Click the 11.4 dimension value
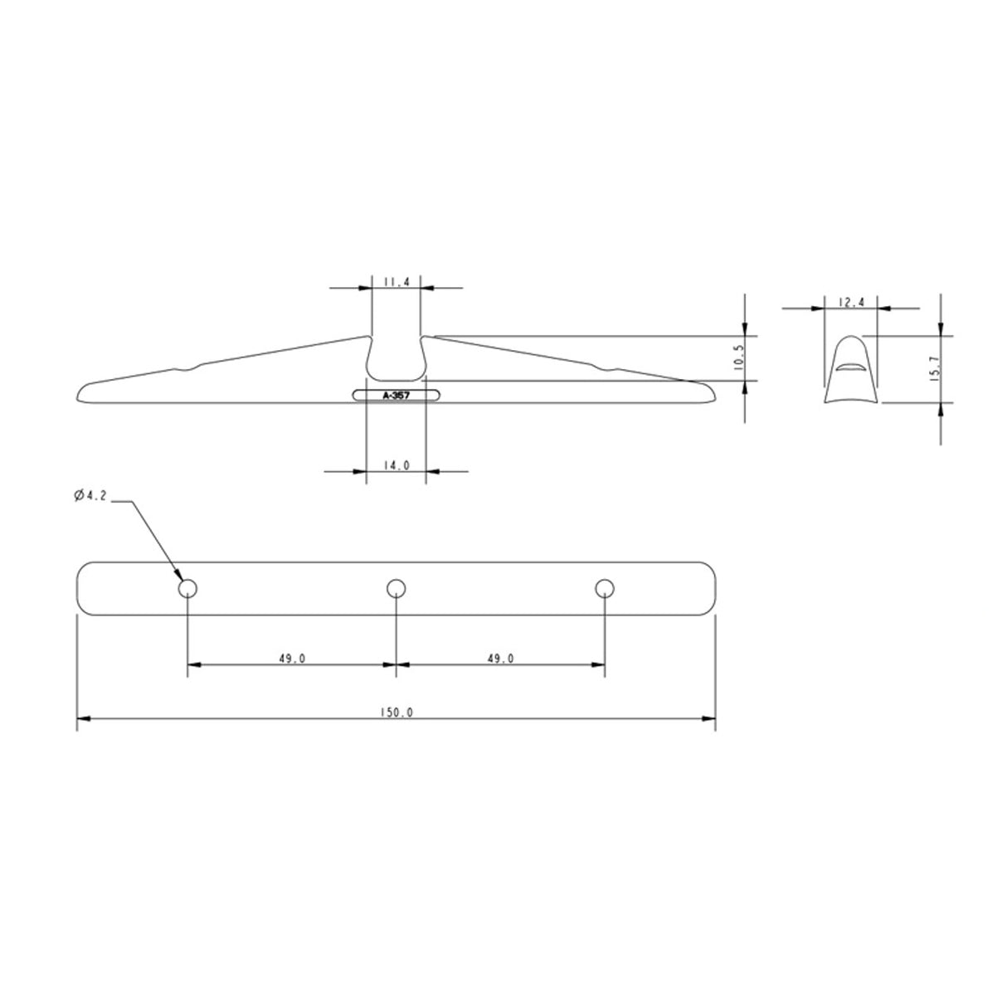pos(396,282)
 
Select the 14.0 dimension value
pos(396,466)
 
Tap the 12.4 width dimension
pos(852,303)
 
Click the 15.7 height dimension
pos(934,369)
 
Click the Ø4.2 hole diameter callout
pos(90,496)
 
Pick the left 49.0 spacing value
pos(292,659)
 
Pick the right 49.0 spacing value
pos(500,659)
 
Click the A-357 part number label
pos(396,396)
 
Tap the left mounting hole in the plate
pos(187,589)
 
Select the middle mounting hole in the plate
pos(396,589)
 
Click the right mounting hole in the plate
pos(605,589)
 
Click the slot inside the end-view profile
pos(851,365)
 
